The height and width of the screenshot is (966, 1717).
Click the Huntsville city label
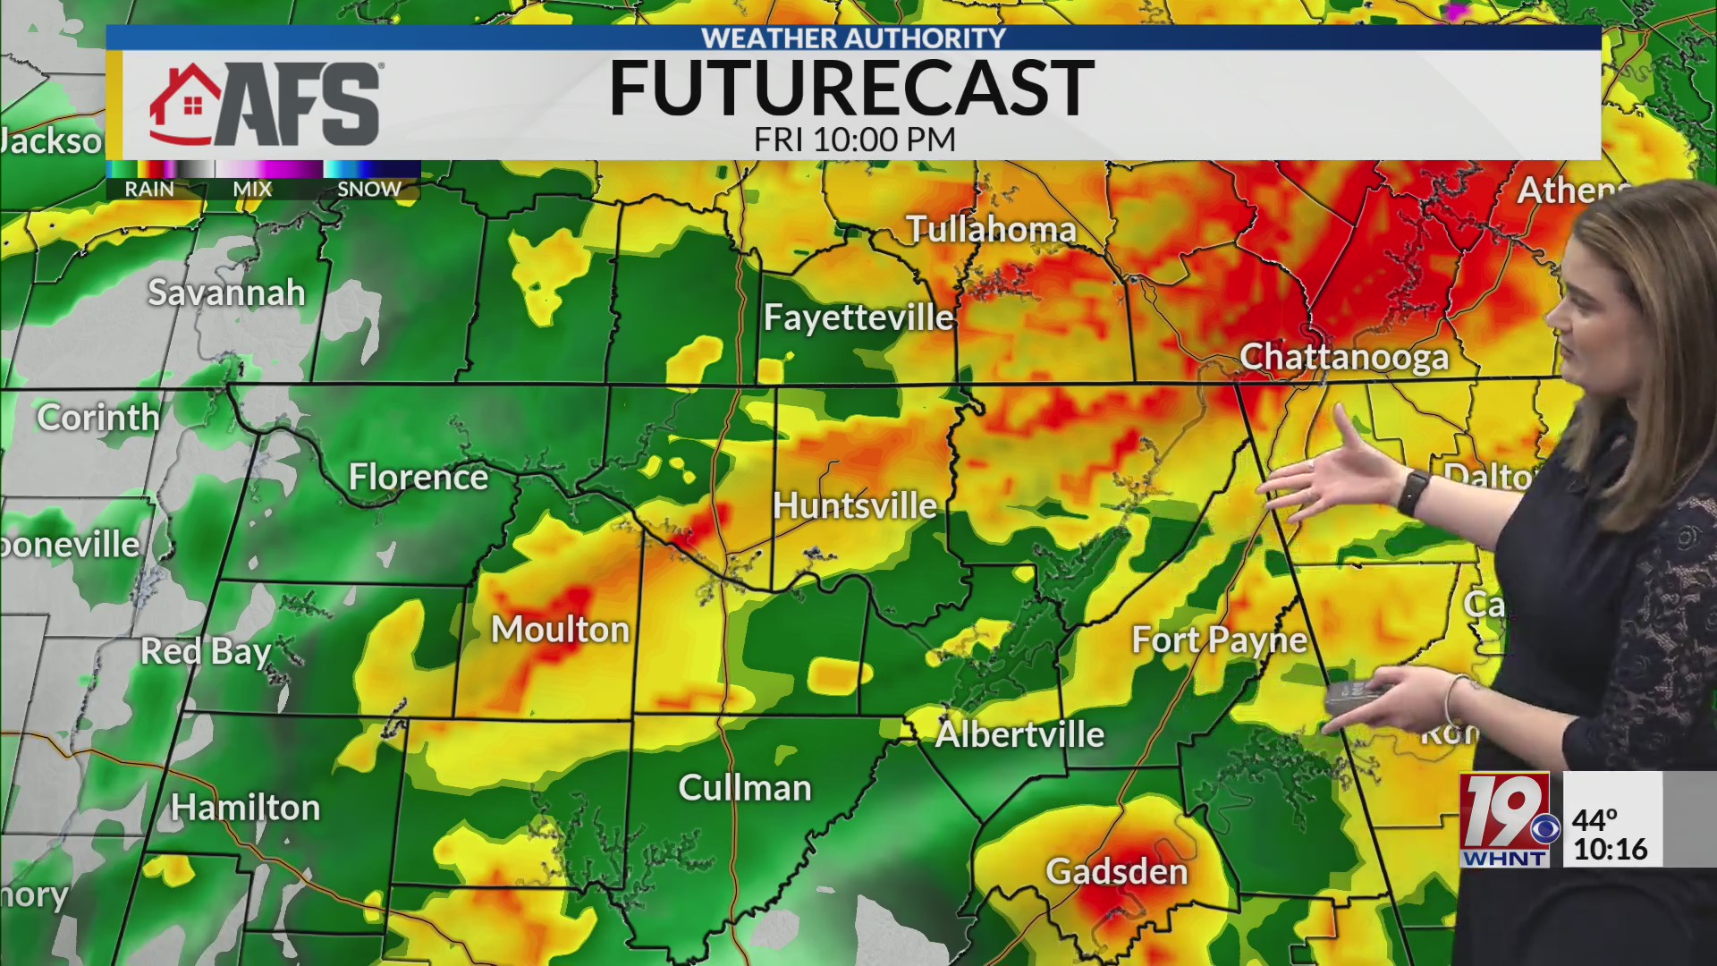(x=854, y=506)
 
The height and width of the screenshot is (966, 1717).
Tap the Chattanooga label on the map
(x=1343, y=358)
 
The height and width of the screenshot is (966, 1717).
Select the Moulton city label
(x=560, y=630)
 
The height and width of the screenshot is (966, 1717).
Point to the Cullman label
(x=745, y=788)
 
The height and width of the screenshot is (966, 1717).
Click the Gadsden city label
(x=1116, y=871)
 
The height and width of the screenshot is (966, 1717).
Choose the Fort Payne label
(x=1219, y=640)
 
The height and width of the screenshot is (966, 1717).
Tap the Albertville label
(x=1019, y=734)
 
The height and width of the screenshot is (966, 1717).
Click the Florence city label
(x=418, y=477)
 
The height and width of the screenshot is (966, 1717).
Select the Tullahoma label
(x=991, y=230)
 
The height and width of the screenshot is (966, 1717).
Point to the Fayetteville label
(x=858, y=318)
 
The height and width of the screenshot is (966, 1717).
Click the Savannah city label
(x=226, y=293)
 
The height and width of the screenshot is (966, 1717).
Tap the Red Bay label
(x=206, y=651)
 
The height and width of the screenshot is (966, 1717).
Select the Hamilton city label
(x=245, y=808)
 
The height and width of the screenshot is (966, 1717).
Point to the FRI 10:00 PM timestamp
(x=854, y=140)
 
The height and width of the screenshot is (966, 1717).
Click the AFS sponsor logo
(x=266, y=105)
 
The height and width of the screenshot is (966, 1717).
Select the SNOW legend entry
(x=368, y=189)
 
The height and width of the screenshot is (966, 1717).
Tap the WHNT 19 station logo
(x=1505, y=819)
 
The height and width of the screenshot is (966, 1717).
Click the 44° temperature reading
(x=1594, y=819)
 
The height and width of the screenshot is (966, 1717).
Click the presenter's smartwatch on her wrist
(x=1413, y=492)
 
